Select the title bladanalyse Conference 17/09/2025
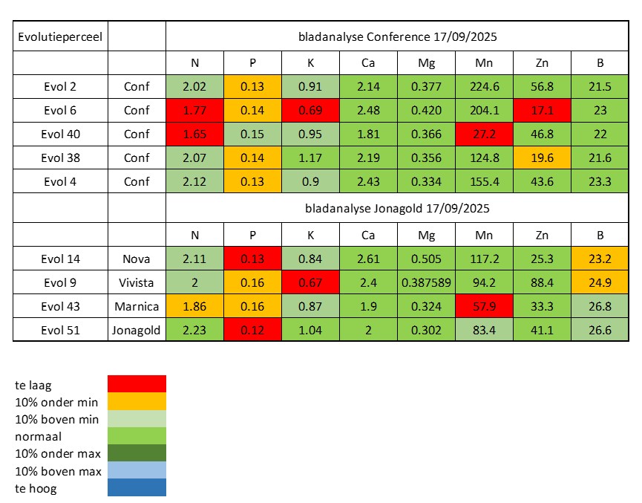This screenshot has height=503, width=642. coord(397,36)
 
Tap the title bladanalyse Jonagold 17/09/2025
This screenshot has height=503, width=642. coord(397,209)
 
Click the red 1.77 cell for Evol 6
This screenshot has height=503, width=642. coord(194,111)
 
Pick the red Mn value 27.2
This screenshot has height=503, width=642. coord(483,134)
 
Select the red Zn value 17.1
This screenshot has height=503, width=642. coord(541,111)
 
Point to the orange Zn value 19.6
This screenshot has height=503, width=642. coord(541,158)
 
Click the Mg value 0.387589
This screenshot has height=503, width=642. coord(425,282)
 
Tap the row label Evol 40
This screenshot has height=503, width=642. coord(62,134)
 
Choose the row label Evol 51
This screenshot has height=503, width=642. coord(62,331)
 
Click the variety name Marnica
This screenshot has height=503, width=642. coord(137,307)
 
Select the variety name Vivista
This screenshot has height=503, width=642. coord(137,282)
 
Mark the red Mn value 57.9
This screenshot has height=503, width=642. coord(483,307)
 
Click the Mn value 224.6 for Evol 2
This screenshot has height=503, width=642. coord(483,87)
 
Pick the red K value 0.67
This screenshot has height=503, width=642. coord(310,282)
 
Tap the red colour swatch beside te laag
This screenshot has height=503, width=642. coord(137,383)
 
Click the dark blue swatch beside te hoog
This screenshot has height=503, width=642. coord(137,487)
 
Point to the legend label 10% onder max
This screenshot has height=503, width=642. coord(56,453)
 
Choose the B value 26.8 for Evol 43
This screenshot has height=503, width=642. coord(599,307)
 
